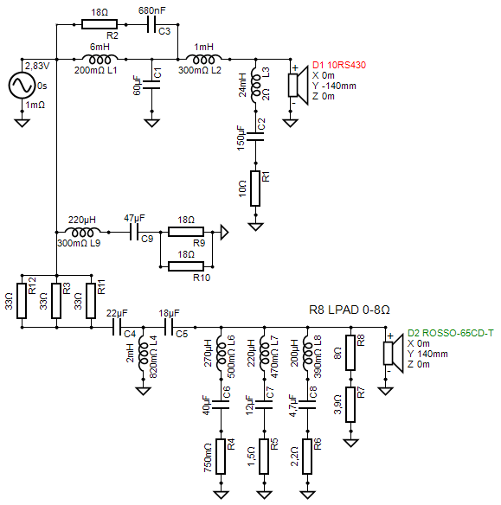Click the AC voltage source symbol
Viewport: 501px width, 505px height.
(x=22, y=86)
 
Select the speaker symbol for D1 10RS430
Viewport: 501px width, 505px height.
(x=297, y=86)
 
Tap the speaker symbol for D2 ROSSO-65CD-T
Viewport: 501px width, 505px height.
(x=393, y=354)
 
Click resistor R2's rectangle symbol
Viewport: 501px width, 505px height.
(x=100, y=24)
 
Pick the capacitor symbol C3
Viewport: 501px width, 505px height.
(x=151, y=24)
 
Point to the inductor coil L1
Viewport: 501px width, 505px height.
(x=100, y=60)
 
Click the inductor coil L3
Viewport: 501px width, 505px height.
(x=255, y=86)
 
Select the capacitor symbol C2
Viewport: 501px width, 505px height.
(x=255, y=137)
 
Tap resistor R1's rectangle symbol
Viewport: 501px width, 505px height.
(x=255, y=189)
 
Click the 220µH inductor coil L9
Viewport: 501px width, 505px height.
(x=82, y=232)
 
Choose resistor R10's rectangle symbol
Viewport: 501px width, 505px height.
(x=186, y=266)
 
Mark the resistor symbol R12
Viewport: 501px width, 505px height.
(x=22, y=301)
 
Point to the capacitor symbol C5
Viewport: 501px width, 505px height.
(x=169, y=327)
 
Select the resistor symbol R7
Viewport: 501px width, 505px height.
(x=350, y=405)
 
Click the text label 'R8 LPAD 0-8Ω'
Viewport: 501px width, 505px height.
(x=350, y=310)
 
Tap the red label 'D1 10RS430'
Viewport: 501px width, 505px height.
(x=339, y=65)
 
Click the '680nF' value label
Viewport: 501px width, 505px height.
(x=151, y=10)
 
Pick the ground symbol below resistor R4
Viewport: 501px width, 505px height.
(x=221, y=495)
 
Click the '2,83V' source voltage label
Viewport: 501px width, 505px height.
(x=37, y=66)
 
